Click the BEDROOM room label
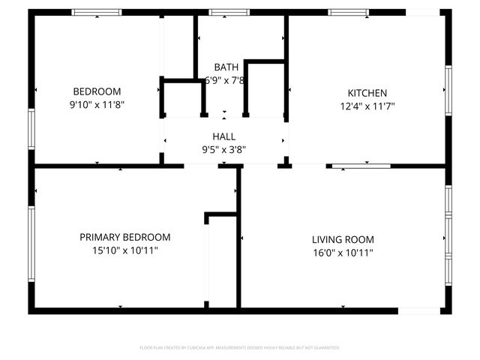coord(96,92)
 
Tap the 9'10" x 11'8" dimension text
coord(96,106)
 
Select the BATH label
coord(226,67)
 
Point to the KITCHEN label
coord(367,93)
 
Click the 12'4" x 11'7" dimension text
coord(367,106)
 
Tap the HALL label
coord(223,136)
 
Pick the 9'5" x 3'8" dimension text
coord(223,149)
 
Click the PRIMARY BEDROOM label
coord(124,237)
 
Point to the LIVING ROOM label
coord(343,239)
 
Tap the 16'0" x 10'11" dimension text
coord(343,253)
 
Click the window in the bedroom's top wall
coord(97,12)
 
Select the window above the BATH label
coord(219,12)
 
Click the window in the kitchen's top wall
coord(348,12)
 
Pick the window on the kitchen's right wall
coord(448,90)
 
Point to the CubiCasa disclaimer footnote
coord(240,348)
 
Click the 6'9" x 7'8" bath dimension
coord(226,80)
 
